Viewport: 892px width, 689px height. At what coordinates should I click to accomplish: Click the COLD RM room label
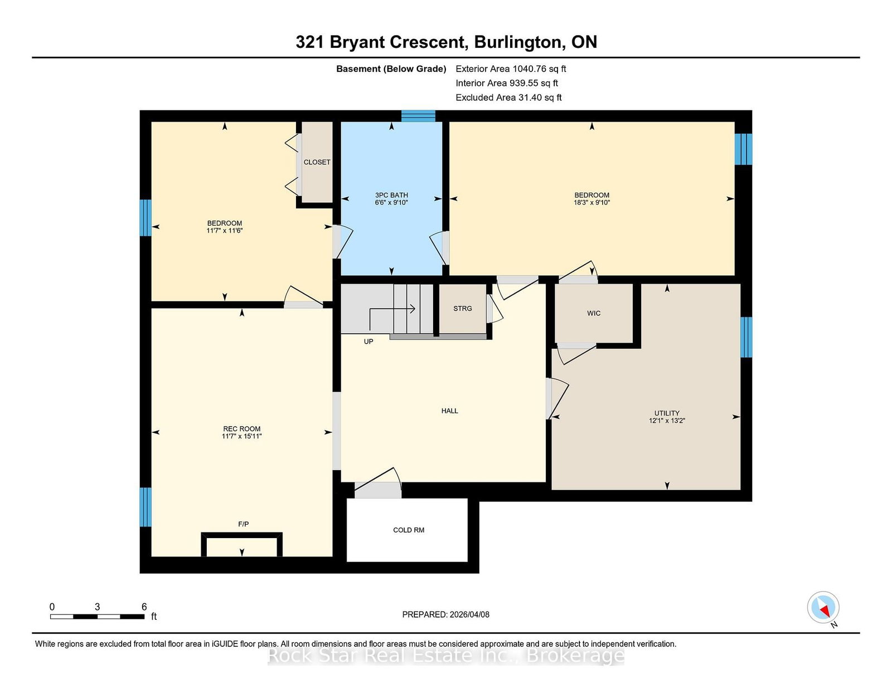tap(409, 530)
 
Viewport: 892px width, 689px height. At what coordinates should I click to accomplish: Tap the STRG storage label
tap(463, 309)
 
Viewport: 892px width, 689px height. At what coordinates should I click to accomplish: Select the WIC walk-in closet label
tap(594, 314)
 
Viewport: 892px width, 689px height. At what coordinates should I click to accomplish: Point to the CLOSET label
tap(317, 162)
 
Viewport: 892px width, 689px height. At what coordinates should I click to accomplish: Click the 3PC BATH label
tap(391, 195)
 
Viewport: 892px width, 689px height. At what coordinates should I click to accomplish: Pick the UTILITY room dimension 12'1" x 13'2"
tap(667, 421)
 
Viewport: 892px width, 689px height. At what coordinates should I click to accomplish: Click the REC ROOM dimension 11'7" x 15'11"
tap(242, 436)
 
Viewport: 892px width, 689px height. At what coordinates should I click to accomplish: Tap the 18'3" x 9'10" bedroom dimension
tap(592, 202)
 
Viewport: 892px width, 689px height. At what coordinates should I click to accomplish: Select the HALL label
tap(449, 411)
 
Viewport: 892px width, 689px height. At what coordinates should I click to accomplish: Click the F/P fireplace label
tap(244, 524)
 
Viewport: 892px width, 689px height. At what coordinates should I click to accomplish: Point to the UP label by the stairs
tap(369, 341)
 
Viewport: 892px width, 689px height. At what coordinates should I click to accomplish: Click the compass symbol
tap(823, 608)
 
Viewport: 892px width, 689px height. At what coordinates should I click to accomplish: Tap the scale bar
tap(98, 617)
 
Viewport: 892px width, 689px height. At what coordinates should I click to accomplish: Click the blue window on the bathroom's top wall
tap(418, 116)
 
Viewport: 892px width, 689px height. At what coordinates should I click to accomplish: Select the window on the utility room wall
tap(746, 337)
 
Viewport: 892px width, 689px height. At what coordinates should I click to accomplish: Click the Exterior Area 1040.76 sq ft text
tap(511, 69)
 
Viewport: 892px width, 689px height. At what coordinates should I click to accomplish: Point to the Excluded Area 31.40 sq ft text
tap(508, 97)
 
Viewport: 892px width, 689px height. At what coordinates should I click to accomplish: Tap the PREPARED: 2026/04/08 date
tap(446, 614)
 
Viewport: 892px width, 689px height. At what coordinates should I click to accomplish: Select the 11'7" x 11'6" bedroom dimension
tap(225, 231)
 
